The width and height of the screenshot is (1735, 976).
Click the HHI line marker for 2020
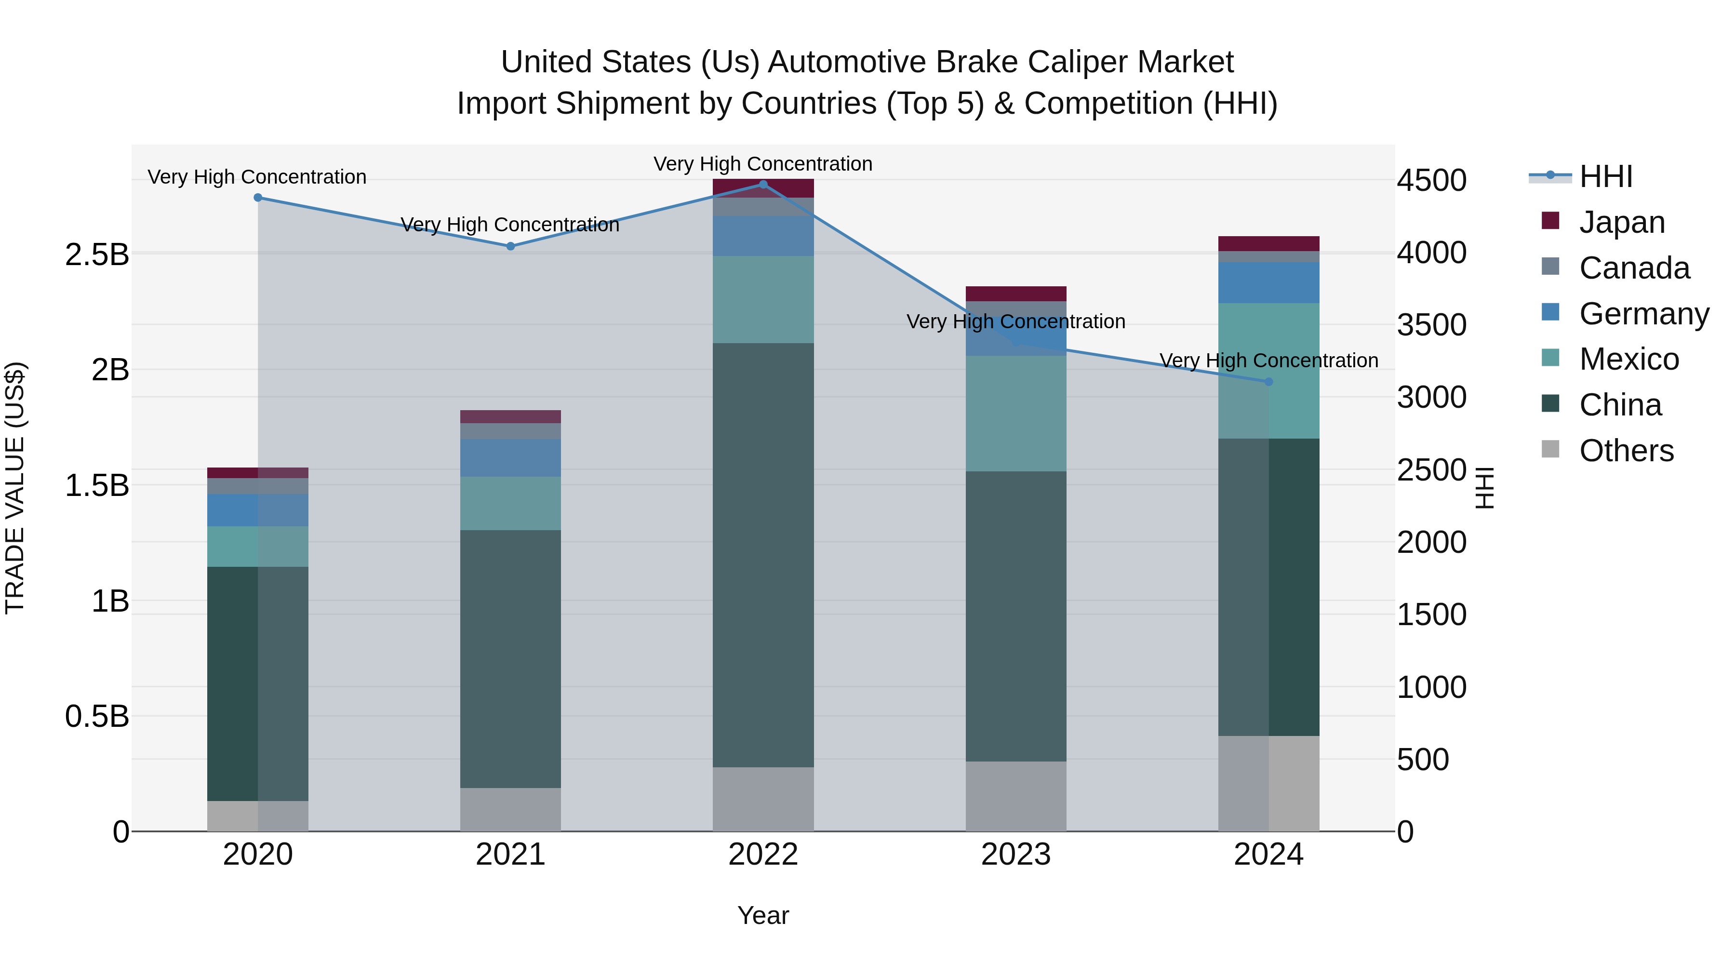coord(258,197)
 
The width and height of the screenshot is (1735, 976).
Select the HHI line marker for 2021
coord(510,246)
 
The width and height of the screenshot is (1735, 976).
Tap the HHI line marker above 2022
coord(763,184)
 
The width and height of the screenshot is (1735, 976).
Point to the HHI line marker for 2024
coord(1269,382)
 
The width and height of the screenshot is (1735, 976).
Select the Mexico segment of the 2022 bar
coord(763,300)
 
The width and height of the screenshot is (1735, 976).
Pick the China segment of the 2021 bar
coord(510,659)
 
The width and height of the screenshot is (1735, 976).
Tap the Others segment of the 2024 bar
coord(1269,783)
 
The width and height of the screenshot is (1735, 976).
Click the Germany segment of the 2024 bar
coord(1269,283)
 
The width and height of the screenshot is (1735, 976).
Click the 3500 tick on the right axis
coord(1431,325)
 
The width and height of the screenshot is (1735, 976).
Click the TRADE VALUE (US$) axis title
coord(15,488)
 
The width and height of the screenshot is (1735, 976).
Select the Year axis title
coord(763,915)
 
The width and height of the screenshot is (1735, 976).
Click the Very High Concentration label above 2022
coord(763,164)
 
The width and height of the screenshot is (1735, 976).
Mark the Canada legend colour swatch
coord(1550,266)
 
